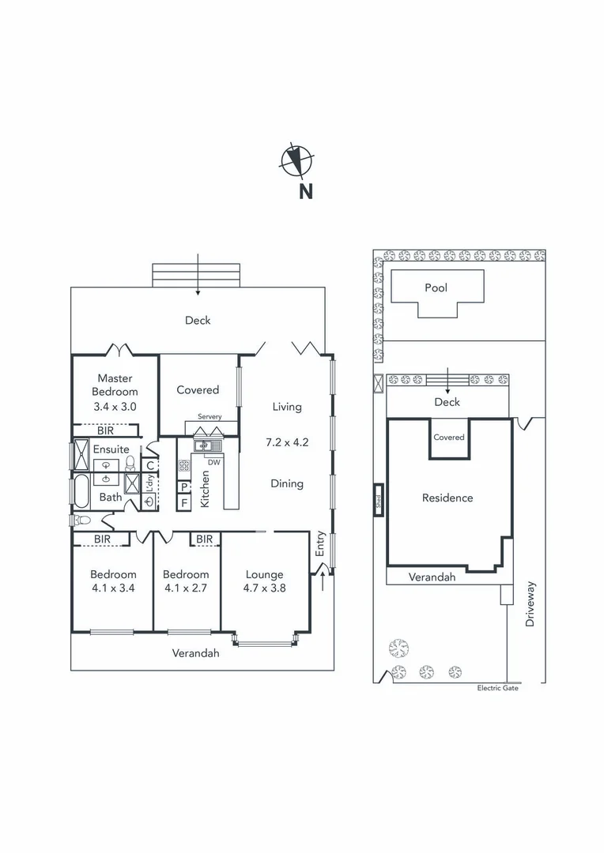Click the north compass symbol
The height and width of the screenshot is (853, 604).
coord(296,161)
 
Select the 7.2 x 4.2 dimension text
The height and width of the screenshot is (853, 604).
coord(287,442)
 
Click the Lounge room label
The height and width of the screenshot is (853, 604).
coord(264,574)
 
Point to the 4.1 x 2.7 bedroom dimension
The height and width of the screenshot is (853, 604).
coord(186,588)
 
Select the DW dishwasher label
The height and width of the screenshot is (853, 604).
coord(213,462)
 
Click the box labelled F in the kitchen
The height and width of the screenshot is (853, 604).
coord(184,502)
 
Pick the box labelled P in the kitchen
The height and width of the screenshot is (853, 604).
coord(184,487)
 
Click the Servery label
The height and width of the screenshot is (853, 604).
coord(210,416)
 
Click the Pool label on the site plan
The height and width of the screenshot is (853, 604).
coord(436,287)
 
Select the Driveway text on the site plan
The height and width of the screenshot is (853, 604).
coord(530,604)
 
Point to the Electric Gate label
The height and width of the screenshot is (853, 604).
coord(498,688)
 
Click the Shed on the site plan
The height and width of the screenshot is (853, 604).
coord(379,499)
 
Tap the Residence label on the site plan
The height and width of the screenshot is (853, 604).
coord(447,498)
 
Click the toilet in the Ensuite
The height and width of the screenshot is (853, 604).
coord(130,464)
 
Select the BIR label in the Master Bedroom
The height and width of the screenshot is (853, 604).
coord(105,430)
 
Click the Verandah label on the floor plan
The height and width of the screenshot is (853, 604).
coord(196,653)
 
